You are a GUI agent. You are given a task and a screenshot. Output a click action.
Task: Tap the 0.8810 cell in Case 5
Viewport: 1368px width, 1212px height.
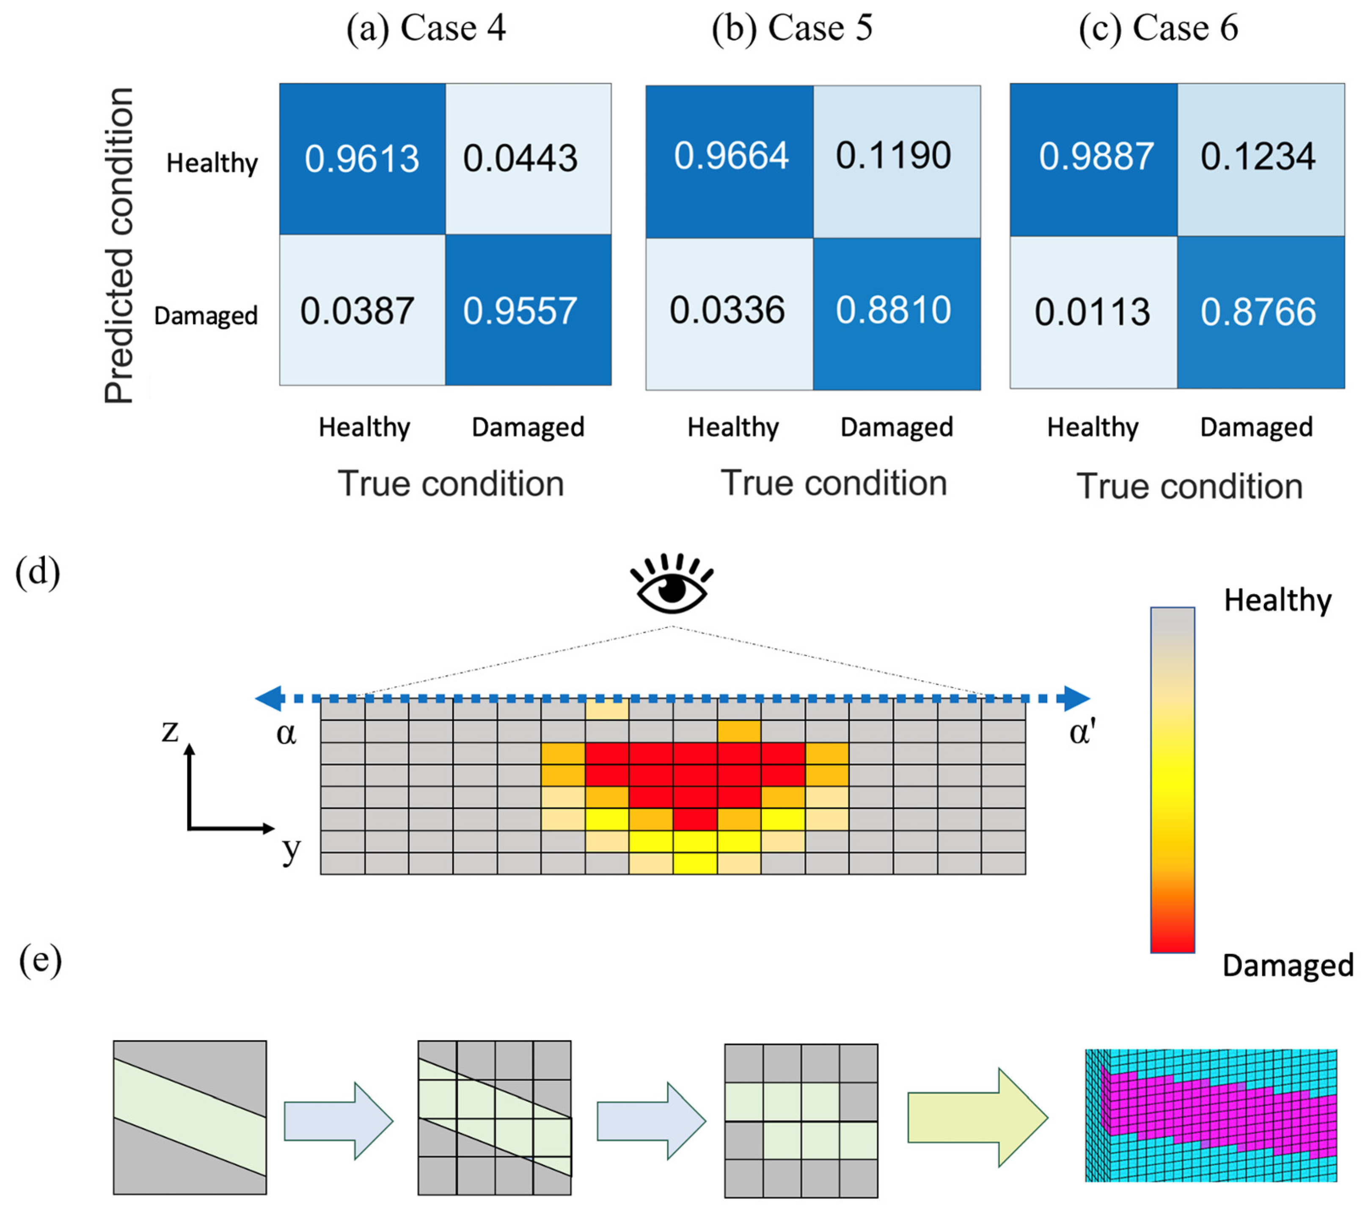point(894,311)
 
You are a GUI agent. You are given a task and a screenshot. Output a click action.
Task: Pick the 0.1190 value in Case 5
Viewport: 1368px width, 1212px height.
point(894,156)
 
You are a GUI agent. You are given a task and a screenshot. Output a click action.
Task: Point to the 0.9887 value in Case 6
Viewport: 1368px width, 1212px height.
point(1096,157)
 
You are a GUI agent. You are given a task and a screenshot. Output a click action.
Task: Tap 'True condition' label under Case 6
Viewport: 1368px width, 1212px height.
point(1190,486)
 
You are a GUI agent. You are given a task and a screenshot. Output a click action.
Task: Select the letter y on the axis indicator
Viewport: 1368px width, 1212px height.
point(291,850)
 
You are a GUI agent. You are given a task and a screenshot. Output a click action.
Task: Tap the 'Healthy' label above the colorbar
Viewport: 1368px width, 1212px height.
point(1277,600)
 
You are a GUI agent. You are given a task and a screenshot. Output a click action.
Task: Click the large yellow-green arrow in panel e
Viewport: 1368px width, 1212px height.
point(977,1118)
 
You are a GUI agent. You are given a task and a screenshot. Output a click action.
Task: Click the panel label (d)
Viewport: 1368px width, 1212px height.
point(38,573)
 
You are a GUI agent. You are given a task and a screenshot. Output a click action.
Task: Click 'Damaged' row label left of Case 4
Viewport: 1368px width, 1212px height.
point(206,315)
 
